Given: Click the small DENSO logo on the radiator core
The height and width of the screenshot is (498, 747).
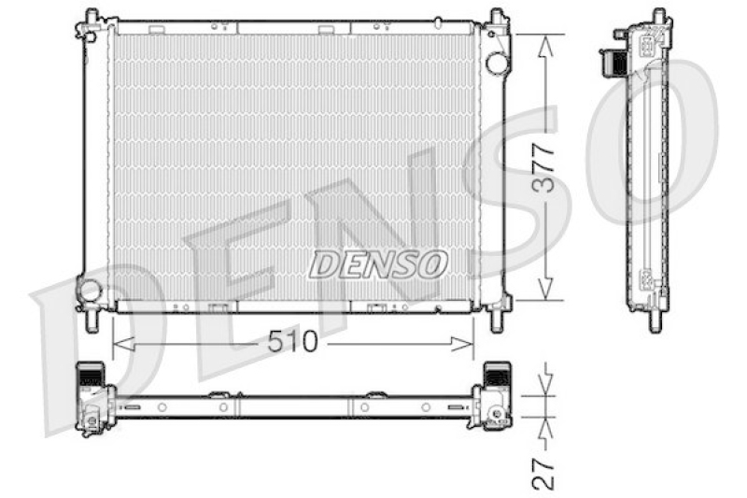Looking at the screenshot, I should click(x=377, y=264).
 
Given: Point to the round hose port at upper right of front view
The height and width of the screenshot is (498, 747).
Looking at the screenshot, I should click(x=497, y=62).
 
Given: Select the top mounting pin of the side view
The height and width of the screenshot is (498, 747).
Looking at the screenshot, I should click(x=657, y=16).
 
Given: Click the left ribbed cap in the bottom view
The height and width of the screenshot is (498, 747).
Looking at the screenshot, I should click(x=91, y=376).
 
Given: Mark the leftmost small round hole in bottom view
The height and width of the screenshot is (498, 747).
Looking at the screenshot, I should click(x=162, y=407).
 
